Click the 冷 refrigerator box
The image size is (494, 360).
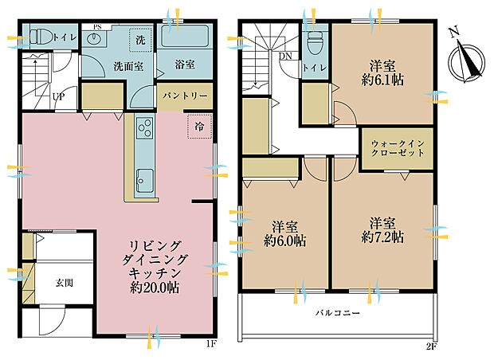pos(197,126)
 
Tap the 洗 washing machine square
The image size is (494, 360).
pos(140,40)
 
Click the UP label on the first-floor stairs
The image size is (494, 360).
pos(58,97)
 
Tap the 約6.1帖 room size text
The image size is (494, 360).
pos(383,80)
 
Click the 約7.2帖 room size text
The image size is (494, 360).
pos(382,237)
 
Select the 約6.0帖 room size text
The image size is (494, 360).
pos(286,241)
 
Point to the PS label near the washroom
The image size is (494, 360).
pos(97,27)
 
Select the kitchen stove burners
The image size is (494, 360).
pos(145,127)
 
